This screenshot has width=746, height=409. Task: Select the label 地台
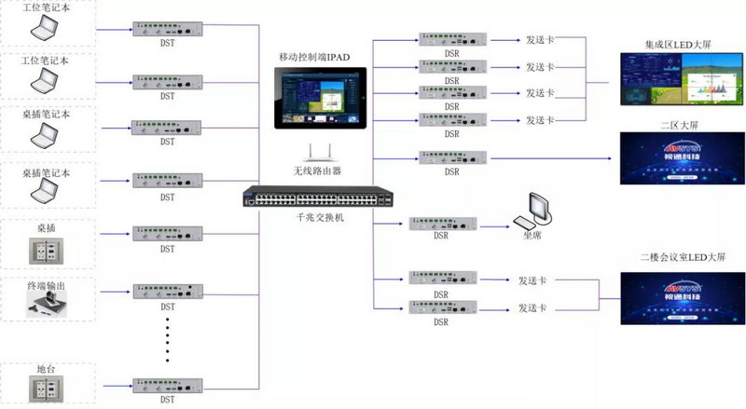coord(48,369)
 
